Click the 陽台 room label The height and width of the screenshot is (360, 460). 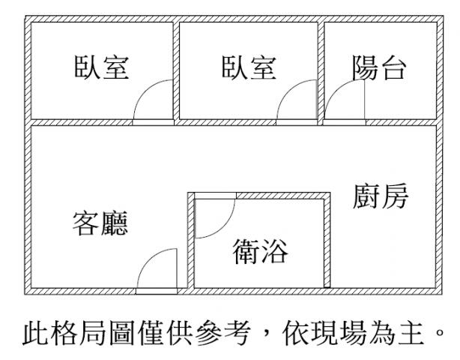pos(379,67)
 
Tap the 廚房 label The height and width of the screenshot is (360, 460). pos(381,196)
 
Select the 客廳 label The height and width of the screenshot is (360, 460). pos(100,223)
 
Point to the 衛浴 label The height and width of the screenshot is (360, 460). pos(260,251)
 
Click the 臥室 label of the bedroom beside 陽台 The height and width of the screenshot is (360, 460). pos(249,67)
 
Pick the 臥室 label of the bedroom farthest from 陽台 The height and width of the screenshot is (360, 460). pos(101,67)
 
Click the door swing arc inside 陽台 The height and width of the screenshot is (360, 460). pos(340,91)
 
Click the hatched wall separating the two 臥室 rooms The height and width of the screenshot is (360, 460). pos(176,70)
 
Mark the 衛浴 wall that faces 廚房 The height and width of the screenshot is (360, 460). pos(327,240)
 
